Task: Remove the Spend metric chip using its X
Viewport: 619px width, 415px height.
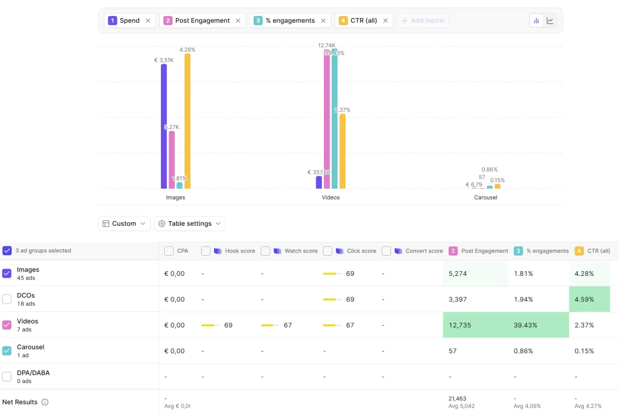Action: (x=148, y=21)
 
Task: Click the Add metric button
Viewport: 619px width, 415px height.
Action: (x=423, y=21)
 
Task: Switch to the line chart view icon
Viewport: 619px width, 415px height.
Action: (x=550, y=21)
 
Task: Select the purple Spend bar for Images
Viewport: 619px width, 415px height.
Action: (x=164, y=126)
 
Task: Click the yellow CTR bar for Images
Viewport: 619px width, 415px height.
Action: (x=187, y=121)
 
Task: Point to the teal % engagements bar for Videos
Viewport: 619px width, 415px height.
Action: (x=334, y=119)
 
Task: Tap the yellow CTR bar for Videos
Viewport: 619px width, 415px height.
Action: (x=343, y=152)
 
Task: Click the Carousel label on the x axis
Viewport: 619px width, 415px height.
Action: (x=485, y=197)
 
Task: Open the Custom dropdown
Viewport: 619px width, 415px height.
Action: (x=124, y=223)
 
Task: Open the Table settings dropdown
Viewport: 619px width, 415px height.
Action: (x=190, y=223)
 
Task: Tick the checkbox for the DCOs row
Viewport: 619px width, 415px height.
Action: (x=7, y=299)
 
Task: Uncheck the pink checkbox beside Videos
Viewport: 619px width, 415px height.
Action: (x=7, y=325)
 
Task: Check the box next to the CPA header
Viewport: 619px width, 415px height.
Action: (x=169, y=251)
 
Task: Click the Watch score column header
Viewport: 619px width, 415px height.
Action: (x=301, y=251)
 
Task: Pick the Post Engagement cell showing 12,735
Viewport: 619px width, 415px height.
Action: (x=460, y=325)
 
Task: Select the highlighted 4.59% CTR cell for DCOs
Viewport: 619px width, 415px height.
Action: (x=590, y=299)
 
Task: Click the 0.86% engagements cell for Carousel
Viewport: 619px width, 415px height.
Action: (x=523, y=351)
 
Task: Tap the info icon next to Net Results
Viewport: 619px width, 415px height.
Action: (x=45, y=402)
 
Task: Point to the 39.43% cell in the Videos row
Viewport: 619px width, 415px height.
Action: (x=525, y=325)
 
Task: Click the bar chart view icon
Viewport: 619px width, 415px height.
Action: (x=536, y=21)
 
